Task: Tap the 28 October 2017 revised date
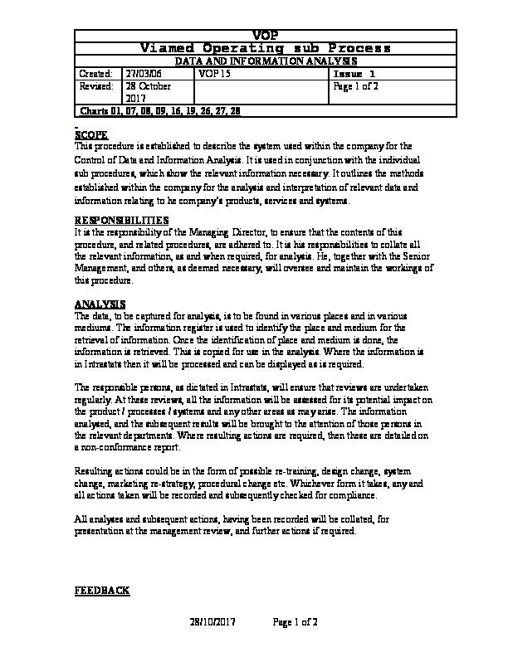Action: tap(148, 92)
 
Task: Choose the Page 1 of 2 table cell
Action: tap(356, 86)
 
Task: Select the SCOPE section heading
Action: tap(90, 134)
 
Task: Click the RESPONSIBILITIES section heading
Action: tap(121, 220)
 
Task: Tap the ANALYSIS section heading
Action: tap(100, 304)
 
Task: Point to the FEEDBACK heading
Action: tap(102, 590)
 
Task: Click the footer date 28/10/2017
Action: tap(214, 622)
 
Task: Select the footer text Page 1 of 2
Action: tap(296, 622)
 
